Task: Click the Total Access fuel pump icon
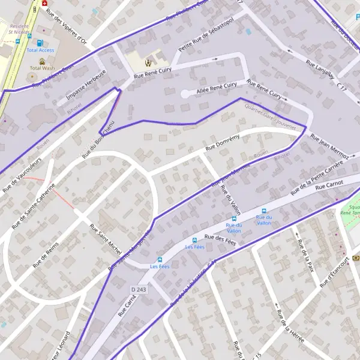pos(40,43)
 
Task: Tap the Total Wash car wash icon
pos(42,61)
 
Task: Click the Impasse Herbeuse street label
pos(86,85)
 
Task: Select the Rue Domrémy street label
pos(222,142)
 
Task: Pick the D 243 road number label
pos(139,290)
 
